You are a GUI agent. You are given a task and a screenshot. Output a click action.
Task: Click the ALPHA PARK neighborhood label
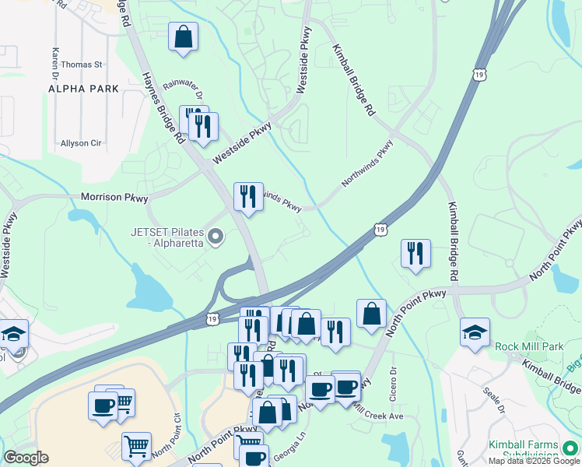pos(83,89)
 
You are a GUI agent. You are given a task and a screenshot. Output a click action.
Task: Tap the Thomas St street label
pos(82,65)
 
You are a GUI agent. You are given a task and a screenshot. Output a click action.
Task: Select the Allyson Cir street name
pos(81,144)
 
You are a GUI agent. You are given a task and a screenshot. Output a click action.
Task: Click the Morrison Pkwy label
pos(114,198)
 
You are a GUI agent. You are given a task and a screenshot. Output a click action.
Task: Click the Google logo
pos(26,458)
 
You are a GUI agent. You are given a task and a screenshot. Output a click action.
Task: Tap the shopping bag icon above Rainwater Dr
pos(183,37)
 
